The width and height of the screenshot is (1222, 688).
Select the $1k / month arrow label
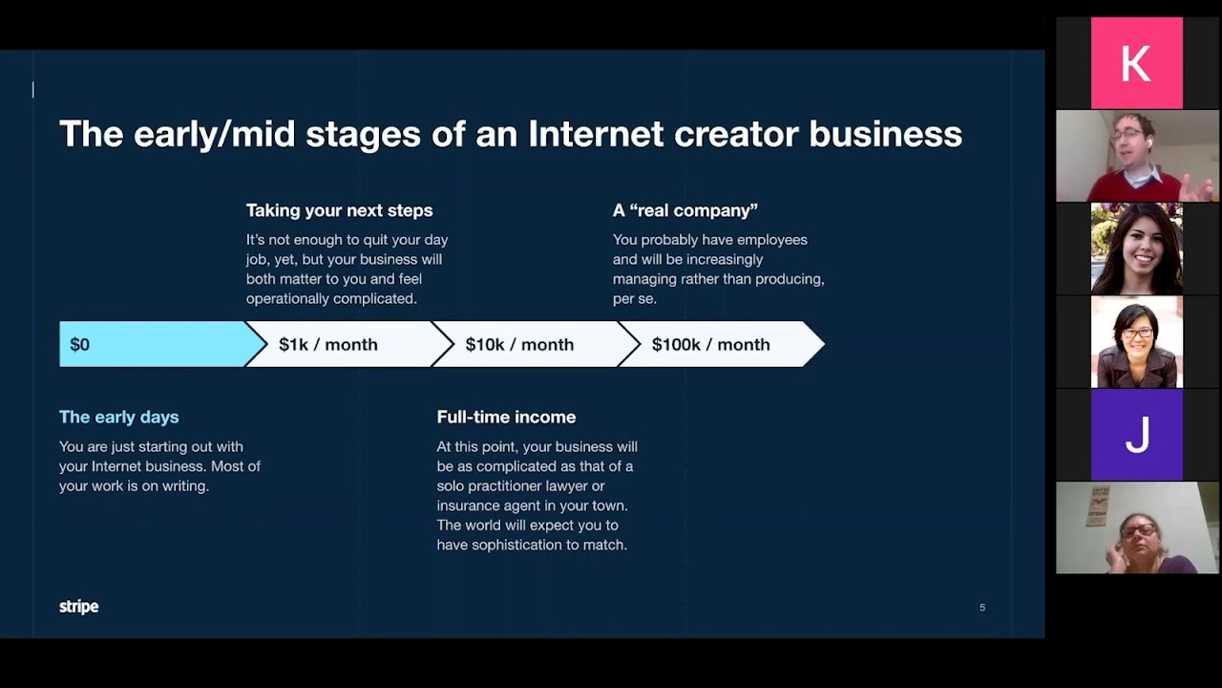[x=327, y=345]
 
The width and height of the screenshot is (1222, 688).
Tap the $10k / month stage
[x=519, y=345]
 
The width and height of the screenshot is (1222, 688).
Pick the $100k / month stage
[x=710, y=345]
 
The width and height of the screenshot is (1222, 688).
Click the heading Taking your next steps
[x=339, y=210]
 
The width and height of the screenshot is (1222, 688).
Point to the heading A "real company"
[x=685, y=210]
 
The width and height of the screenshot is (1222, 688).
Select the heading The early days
[x=118, y=417]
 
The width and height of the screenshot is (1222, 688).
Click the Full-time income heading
[x=506, y=417]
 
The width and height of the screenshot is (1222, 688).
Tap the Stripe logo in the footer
[x=78, y=607]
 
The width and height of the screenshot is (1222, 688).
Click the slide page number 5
[x=981, y=608]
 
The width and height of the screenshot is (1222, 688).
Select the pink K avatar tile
[x=1136, y=63]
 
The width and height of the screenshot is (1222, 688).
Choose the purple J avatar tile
[x=1136, y=435]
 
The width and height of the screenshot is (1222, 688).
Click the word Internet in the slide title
[x=596, y=134]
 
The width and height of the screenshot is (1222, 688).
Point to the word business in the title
[x=885, y=134]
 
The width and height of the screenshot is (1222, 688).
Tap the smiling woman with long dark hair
[x=1136, y=248]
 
